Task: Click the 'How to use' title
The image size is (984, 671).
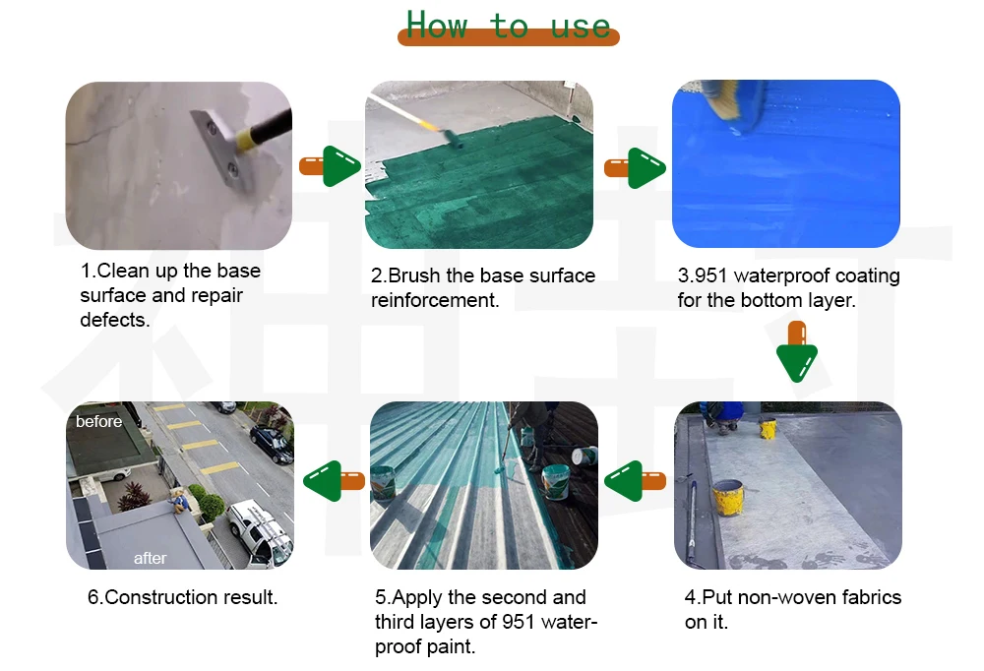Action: pyautogui.click(x=508, y=26)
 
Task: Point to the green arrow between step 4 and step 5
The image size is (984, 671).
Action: pyautogui.click(x=636, y=481)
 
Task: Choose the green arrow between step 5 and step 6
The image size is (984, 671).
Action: pyautogui.click(x=334, y=481)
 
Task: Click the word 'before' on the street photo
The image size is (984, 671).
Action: pyautogui.click(x=99, y=421)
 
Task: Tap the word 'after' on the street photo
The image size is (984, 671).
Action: pyautogui.click(x=150, y=558)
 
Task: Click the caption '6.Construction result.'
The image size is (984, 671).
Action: pyautogui.click(x=182, y=597)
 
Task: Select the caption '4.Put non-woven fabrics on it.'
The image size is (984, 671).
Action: pyautogui.click(x=792, y=609)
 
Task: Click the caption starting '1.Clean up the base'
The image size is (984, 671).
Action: pyautogui.click(x=169, y=294)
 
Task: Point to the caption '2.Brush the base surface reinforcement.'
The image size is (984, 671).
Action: pyautogui.click(x=482, y=287)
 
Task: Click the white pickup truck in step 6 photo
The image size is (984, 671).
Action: pyautogui.click(x=259, y=530)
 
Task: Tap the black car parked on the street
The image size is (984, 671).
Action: pyautogui.click(x=272, y=444)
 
